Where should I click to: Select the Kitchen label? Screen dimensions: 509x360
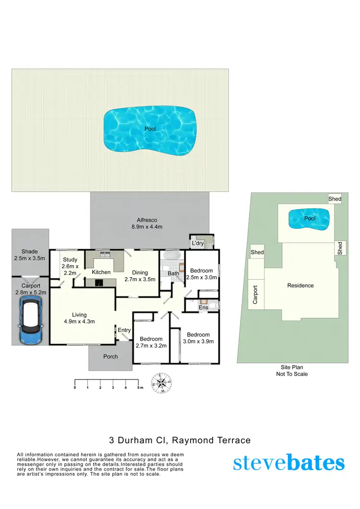(x=101, y=272)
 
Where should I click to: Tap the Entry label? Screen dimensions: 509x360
(x=124, y=330)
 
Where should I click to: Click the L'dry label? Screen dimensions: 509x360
(x=197, y=244)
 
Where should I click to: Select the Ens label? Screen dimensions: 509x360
(x=204, y=307)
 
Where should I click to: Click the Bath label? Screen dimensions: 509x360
(x=173, y=274)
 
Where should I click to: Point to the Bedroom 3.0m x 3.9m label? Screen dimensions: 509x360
(x=198, y=338)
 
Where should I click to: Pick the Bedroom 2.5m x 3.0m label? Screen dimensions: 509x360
(x=202, y=274)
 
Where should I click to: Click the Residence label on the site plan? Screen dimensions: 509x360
(x=300, y=285)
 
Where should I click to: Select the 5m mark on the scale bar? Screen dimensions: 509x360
(x=139, y=388)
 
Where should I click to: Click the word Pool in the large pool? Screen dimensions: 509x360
(x=150, y=129)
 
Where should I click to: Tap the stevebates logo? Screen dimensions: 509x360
(x=289, y=463)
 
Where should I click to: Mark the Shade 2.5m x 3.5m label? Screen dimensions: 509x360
(x=30, y=255)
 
